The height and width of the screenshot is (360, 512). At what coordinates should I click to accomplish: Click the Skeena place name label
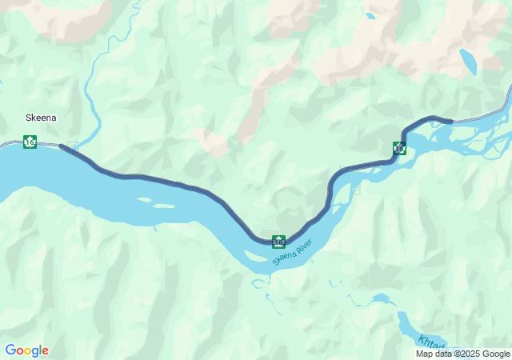(x=40, y=117)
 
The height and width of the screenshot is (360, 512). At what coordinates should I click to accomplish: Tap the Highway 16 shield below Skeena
(x=30, y=142)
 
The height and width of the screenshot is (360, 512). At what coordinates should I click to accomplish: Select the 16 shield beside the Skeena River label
(x=278, y=241)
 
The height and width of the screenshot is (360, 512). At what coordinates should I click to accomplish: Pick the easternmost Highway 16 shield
(x=400, y=147)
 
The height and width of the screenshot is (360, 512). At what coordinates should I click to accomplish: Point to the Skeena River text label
(x=290, y=253)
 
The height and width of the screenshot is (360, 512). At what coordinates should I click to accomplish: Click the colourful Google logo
(x=26, y=350)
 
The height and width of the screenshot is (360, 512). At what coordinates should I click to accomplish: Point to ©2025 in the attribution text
(x=467, y=354)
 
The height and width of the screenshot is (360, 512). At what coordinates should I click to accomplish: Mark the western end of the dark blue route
(x=62, y=146)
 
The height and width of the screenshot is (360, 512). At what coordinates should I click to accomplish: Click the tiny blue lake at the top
(x=369, y=15)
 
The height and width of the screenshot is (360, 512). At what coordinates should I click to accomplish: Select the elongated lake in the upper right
(x=468, y=62)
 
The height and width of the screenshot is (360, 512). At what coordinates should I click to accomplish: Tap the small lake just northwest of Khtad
(x=381, y=298)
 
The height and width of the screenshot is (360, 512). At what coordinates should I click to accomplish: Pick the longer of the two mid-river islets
(x=163, y=206)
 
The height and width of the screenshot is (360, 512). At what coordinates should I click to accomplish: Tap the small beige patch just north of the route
(x=212, y=143)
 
